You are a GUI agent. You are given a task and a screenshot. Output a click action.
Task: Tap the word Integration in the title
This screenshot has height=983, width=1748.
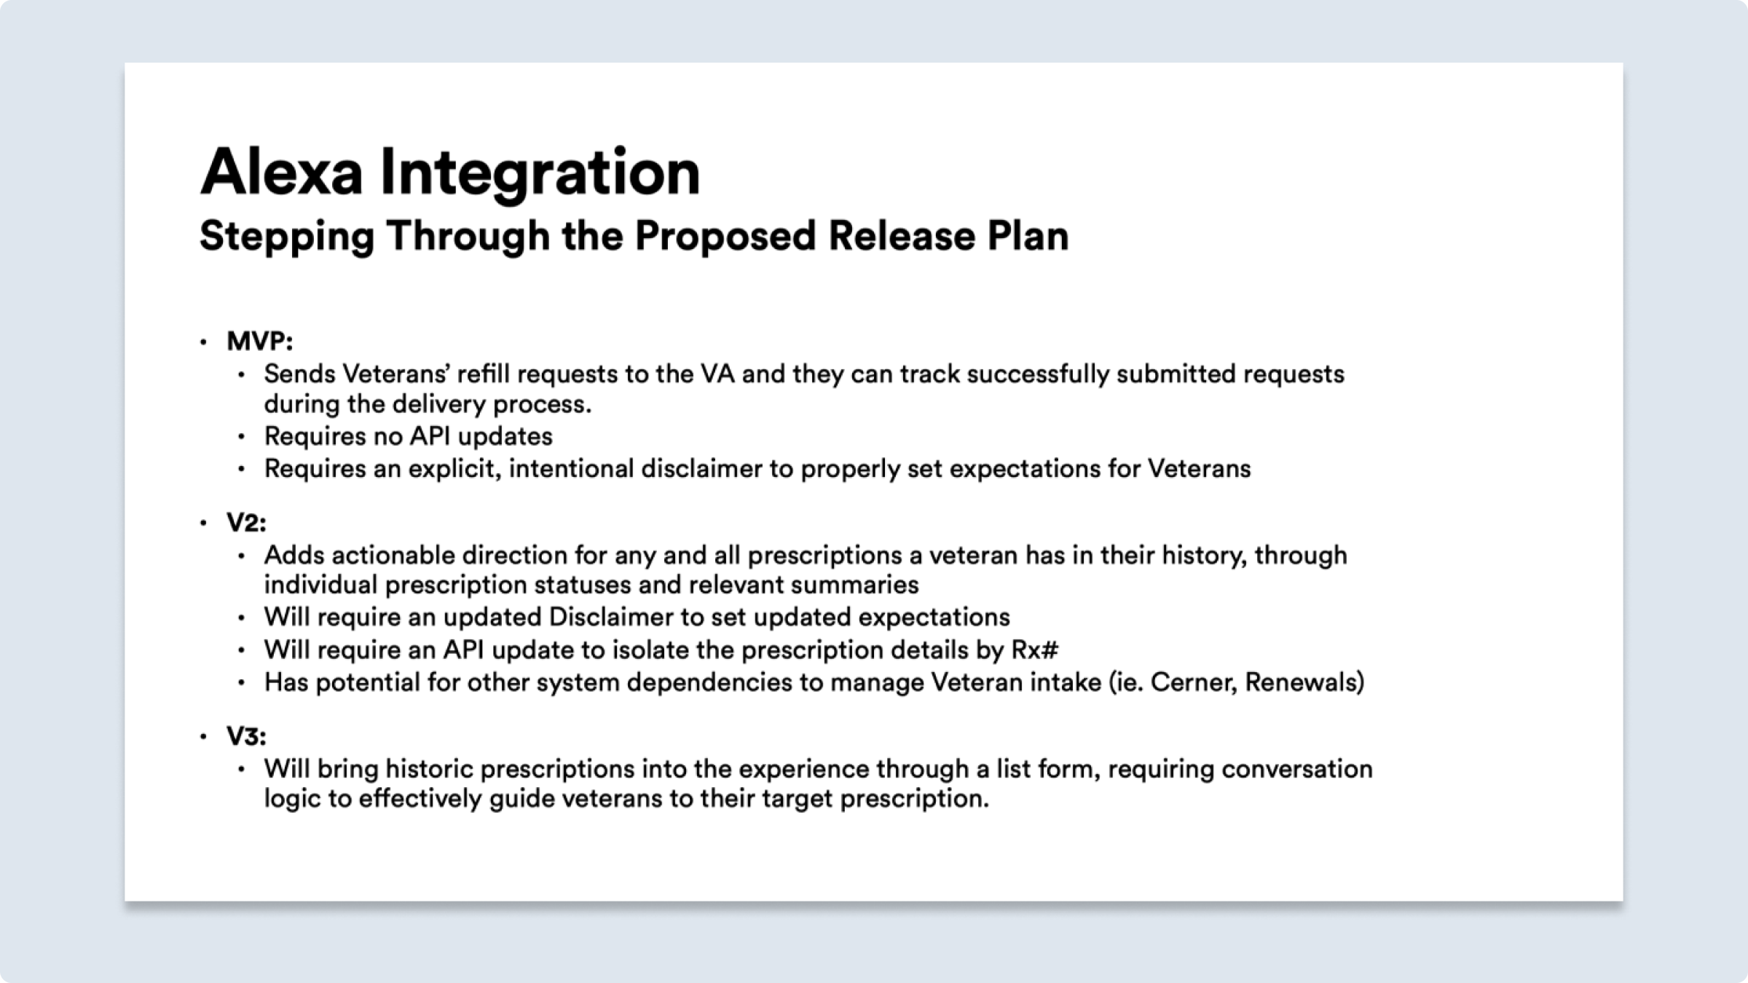tap(540, 175)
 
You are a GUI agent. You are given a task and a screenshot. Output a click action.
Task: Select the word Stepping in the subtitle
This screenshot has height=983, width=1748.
tap(287, 237)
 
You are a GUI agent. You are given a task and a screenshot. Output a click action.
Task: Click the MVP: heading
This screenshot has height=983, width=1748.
tap(259, 341)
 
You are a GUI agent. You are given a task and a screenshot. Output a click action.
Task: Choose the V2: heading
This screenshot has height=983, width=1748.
tap(246, 523)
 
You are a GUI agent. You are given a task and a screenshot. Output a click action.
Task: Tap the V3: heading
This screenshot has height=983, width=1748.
tap(246, 737)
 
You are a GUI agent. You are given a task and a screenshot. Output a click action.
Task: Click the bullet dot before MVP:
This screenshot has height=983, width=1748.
tap(203, 342)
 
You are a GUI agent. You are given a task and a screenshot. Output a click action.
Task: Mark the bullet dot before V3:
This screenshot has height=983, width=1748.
tap(203, 737)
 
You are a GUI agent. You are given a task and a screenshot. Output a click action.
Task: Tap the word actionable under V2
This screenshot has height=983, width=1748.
tap(393, 556)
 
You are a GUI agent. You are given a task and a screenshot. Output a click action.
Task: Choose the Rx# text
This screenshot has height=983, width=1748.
tap(1034, 650)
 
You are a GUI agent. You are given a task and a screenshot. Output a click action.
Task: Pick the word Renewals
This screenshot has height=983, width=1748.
tap(1304, 682)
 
